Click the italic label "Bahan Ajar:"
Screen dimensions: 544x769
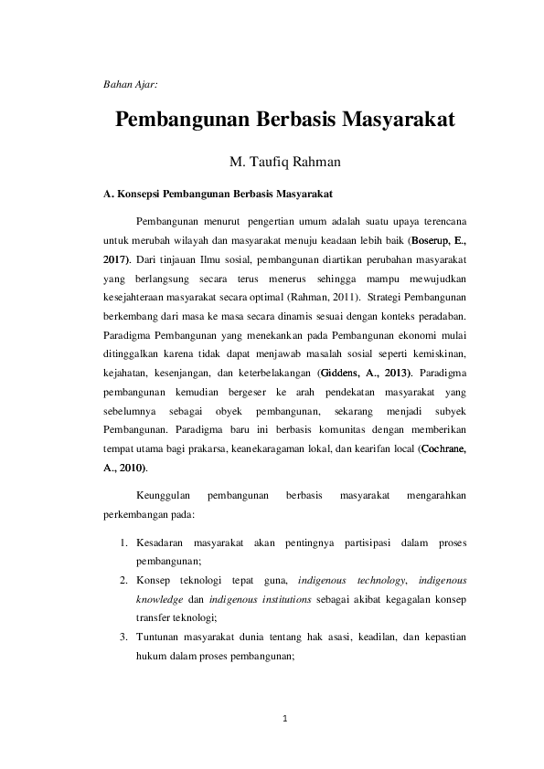(x=130, y=84)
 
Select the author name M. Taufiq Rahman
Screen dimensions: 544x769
(x=284, y=162)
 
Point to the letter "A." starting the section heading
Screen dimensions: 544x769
(x=109, y=194)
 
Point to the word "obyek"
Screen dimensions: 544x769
(x=229, y=411)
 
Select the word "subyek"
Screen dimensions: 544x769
(x=450, y=411)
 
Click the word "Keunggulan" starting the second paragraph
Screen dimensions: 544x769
(x=163, y=495)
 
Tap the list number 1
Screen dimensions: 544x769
(x=124, y=543)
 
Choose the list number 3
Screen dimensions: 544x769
(x=124, y=637)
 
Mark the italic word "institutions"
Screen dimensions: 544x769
(x=287, y=599)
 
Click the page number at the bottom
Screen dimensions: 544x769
(x=285, y=719)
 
